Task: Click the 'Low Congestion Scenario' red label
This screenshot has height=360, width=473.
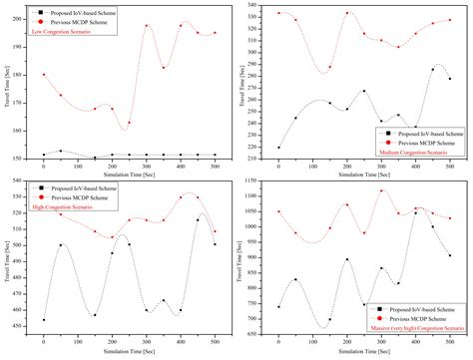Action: (x=72, y=31)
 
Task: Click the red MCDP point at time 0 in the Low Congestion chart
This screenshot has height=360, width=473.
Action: (x=43, y=75)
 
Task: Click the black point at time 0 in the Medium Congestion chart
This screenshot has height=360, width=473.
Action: (x=278, y=148)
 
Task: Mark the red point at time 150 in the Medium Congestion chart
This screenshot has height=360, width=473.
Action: (x=329, y=70)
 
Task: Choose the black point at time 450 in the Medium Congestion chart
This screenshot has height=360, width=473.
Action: (x=432, y=69)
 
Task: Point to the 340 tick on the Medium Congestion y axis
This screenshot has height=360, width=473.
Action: (x=260, y=5)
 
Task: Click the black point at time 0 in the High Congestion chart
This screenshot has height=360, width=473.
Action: (x=43, y=320)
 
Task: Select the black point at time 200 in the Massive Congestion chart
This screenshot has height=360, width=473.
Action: (x=346, y=259)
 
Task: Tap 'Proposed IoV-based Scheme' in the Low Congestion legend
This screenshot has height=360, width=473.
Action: (x=90, y=12)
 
